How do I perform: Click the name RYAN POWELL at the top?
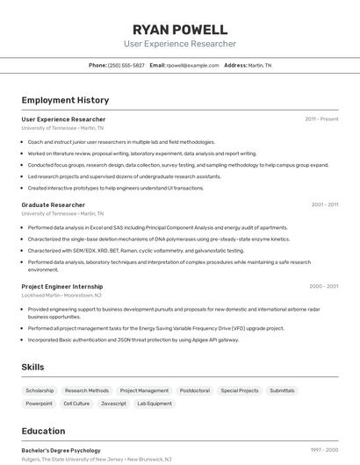pyautogui.click(x=180, y=29)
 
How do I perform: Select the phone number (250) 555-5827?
pyautogui.click(x=126, y=65)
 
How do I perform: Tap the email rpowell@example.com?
pyautogui.click(x=192, y=65)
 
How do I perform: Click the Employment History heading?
pyautogui.click(x=65, y=101)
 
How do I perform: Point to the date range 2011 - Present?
pyautogui.click(x=321, y=119)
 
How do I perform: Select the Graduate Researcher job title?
pyautogui.click(x=54, y=204)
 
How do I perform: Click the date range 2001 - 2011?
pyautogui.click(x=324, y=204)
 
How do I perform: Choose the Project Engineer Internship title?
pyautogui.click(x=62, y=286)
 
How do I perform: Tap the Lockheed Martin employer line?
pyautogui.click(x=64, y=296)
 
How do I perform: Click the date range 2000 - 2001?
pyautogui.click(x=324, y=286)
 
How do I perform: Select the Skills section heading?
pyautogui.click(x=33, y=367)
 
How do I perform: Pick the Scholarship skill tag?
pyautogui.click(x=40, y=390)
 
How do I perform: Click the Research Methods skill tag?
pyautogui.click(x=87, y=390)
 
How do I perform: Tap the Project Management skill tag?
pyautogui.click(x=144, y=390)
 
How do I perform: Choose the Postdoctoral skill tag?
pyautogui.click(x=194, y=390)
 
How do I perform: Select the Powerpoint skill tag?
pyautogui.click(x=39, y=404)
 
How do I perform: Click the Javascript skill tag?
pyautogui.click(x=113, y=404)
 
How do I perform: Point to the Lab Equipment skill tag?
pyautogui.click(x=154, y=404)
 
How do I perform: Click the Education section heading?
pyautogui.click(x=43, y=431)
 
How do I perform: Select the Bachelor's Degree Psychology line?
pyautogui.click(x=61, y=450)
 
